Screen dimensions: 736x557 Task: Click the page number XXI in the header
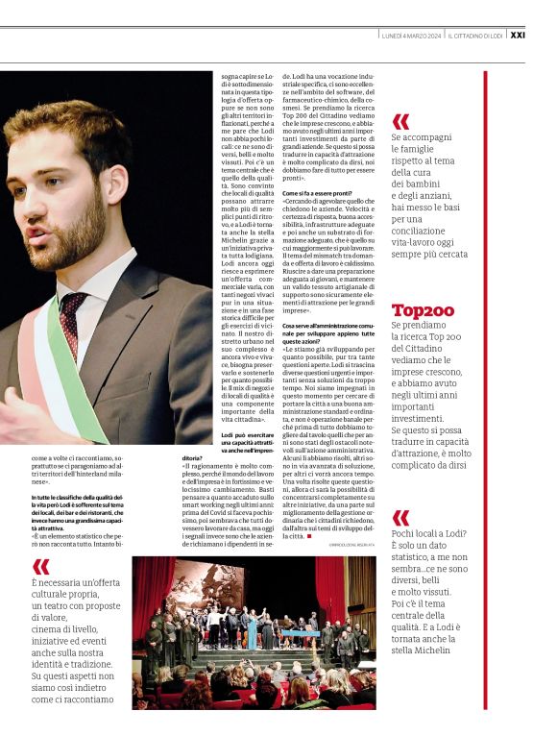click(545, 34)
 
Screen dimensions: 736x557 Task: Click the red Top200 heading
click(423, 310)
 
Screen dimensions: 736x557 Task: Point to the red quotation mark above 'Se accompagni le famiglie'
click(400, 121)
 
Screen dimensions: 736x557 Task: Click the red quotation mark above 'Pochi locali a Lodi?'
click(400, 518)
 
